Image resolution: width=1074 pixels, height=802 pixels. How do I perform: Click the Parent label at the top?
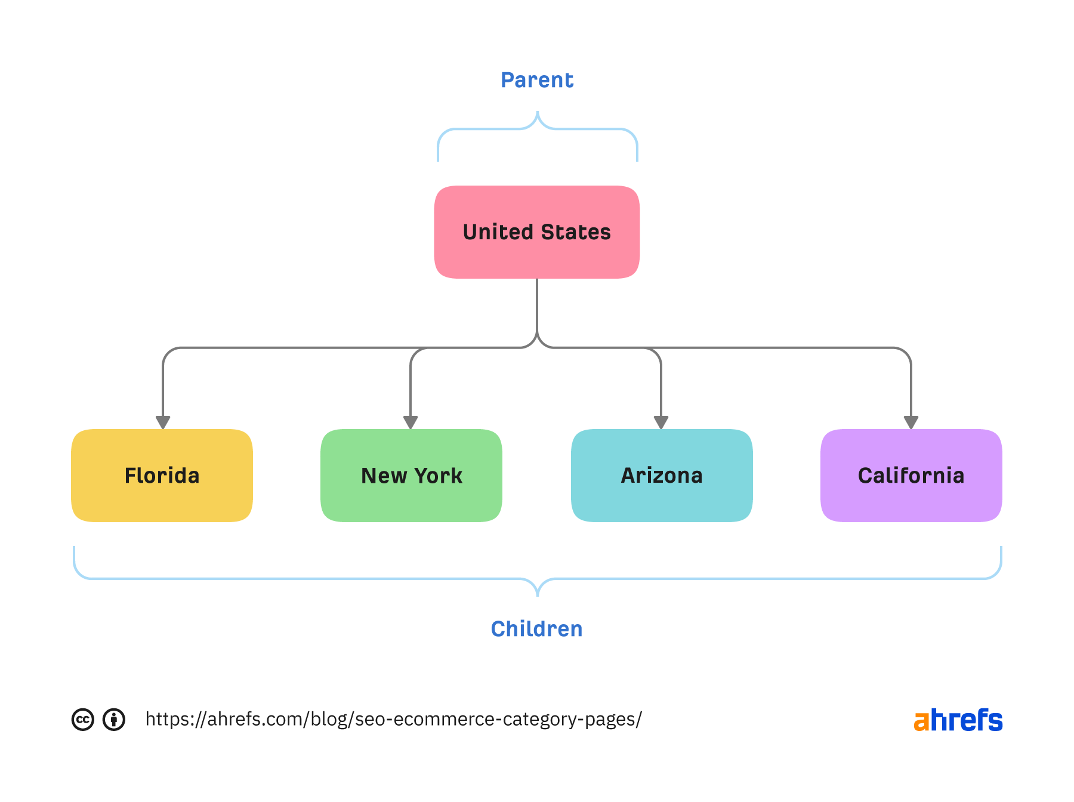(537, 80)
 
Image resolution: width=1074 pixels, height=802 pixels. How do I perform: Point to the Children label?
(536, 629)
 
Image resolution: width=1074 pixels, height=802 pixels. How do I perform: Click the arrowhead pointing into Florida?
(163, 422)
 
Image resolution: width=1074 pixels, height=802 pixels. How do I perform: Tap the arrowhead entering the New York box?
(411, 422)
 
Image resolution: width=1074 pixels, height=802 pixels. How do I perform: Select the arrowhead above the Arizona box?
(661, 422)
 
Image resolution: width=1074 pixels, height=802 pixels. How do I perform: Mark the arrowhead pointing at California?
(911, 422)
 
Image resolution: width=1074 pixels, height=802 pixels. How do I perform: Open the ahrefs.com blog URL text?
(393, 719)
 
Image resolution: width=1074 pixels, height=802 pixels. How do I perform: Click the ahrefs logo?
(958, 720)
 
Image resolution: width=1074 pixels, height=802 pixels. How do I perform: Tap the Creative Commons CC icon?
(83, 720)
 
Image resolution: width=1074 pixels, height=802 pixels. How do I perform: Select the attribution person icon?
(114, 720)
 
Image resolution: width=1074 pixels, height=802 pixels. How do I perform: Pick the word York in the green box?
(439, 476)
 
